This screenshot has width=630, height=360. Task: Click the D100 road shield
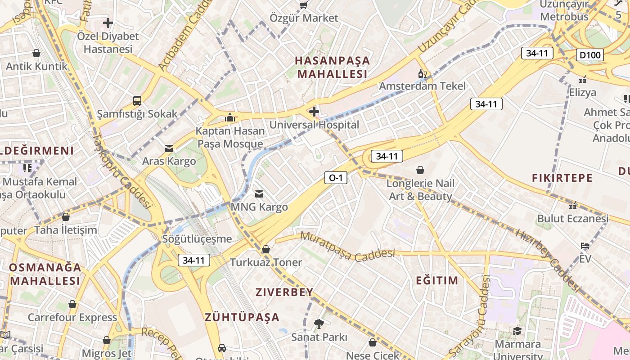point(589,55)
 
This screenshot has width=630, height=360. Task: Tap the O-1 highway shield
point(336,178)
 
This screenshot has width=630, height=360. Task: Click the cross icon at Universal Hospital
point(314,111)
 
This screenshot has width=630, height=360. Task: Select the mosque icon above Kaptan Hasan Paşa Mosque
point(230,117)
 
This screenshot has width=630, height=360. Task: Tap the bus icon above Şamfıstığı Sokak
point(137,101)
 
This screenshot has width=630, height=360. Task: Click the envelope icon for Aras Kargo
point(169,148)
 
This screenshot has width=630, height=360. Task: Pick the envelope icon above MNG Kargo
point(259,194)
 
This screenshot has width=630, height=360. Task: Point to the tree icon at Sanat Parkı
point(319,323)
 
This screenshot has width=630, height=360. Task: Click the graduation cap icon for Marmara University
point(517,331)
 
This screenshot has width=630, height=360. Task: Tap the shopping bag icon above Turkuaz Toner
point(266,249)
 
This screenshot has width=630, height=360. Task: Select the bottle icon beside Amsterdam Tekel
point(422,73)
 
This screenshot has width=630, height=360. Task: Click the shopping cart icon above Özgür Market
point(304,5)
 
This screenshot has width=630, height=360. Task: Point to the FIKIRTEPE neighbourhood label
point(562,178)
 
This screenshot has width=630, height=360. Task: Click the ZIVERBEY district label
point(284,292)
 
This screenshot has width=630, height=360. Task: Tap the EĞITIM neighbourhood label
point(436,281)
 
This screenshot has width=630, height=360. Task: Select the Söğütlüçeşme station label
point(198,239)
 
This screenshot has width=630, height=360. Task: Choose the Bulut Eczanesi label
point(572,219)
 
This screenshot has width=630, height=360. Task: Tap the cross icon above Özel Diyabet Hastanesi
point(108,22)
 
